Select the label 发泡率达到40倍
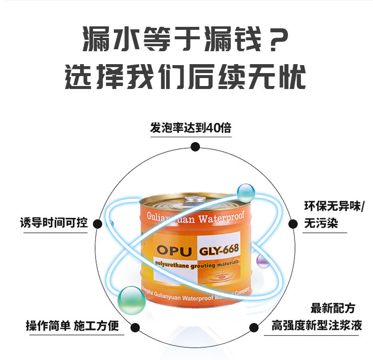pyautogui.click(x=190, y=128)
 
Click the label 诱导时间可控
pyautogui.click(x=54, y=222)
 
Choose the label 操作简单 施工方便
pyautogui.click(x=73, y=326)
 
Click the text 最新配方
pyautogui.click(x=333, y=308)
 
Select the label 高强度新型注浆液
pyautogui.click(x=317, y=326)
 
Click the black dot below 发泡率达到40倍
pyautogui.click(x=195, y=146)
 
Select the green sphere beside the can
pyautogui.click(x=132, y=298)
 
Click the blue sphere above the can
pyautogui.click(x=245, y=191)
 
